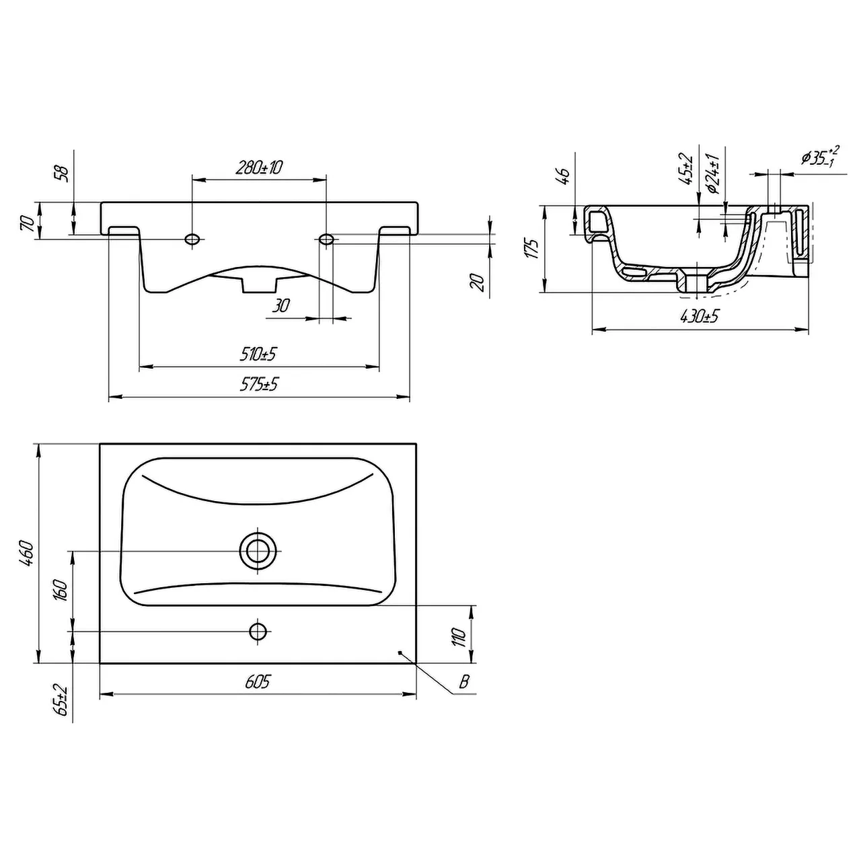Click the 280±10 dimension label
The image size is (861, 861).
pyautogui.click(x=259, y=167)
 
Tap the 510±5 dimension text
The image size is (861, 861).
pyautogui.click(x=258, y=354)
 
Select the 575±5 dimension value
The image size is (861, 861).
pyautogui.click(x=259, y=384)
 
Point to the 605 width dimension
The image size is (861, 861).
pyautogui.click(x=258, y=681)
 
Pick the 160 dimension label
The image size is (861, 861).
pyautogui.click(x=61, y=591)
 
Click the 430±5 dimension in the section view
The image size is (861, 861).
pyautogui.click(x=700, y=316)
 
